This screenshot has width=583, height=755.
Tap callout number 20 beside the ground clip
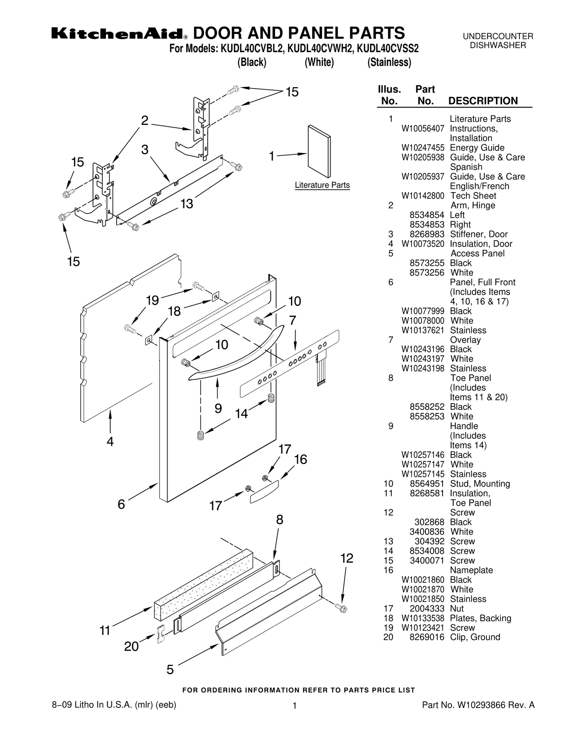click(131, 646)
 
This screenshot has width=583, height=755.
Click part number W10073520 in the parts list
click(423, 244)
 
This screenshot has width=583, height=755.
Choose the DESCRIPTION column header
click(483, 101)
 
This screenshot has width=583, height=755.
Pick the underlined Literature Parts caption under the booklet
click(322, 185)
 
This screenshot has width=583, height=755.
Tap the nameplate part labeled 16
click(264, 491)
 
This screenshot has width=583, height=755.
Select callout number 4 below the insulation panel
click(110, 441)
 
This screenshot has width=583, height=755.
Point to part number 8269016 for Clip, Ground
click(427, 637)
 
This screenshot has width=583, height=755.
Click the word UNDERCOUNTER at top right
click(498, 36)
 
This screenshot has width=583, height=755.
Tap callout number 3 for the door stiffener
click(145, 150)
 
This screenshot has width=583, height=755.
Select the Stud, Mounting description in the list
click(480, 484)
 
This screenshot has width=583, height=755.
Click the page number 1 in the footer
click(294, 706)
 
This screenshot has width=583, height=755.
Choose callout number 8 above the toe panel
click(279, 520)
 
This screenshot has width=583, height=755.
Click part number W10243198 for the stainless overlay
click(423, 369)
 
